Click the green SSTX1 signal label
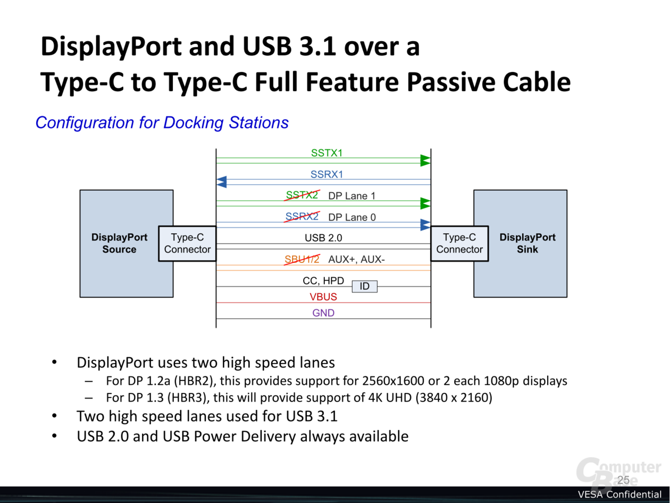326,153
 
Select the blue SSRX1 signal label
326,174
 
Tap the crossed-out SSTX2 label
302,195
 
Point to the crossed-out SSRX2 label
302,217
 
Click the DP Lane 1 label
351,196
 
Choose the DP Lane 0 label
352,217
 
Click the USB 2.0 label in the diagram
323,237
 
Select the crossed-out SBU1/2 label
302,259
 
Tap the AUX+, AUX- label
356,259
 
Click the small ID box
364,286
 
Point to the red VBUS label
323,296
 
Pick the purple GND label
323,313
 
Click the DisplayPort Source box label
119,243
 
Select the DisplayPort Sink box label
527,243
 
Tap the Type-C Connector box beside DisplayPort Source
187,243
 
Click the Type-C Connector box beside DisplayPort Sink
459,243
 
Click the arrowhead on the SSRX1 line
222,182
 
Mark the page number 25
623,480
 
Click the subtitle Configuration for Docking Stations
162,122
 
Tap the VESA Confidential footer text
619,494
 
